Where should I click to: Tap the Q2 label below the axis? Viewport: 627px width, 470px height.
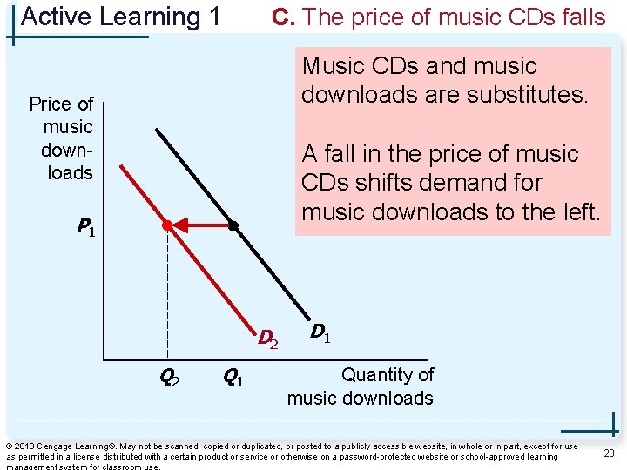point(170,378)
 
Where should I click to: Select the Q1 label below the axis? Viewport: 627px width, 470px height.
point(233,378)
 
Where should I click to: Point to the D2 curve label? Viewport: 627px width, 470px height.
point(267,336)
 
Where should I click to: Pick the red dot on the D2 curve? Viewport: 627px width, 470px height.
point(167,225)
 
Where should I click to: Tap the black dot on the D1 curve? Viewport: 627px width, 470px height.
point(233,225)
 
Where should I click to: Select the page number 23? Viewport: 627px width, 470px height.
point(609,453)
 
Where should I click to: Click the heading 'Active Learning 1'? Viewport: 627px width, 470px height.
point(120,17)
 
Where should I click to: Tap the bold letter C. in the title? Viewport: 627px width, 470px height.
point(284,17)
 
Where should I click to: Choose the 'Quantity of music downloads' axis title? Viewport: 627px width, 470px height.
point(361,386)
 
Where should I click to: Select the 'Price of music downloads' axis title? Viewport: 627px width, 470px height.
point(64,138)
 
